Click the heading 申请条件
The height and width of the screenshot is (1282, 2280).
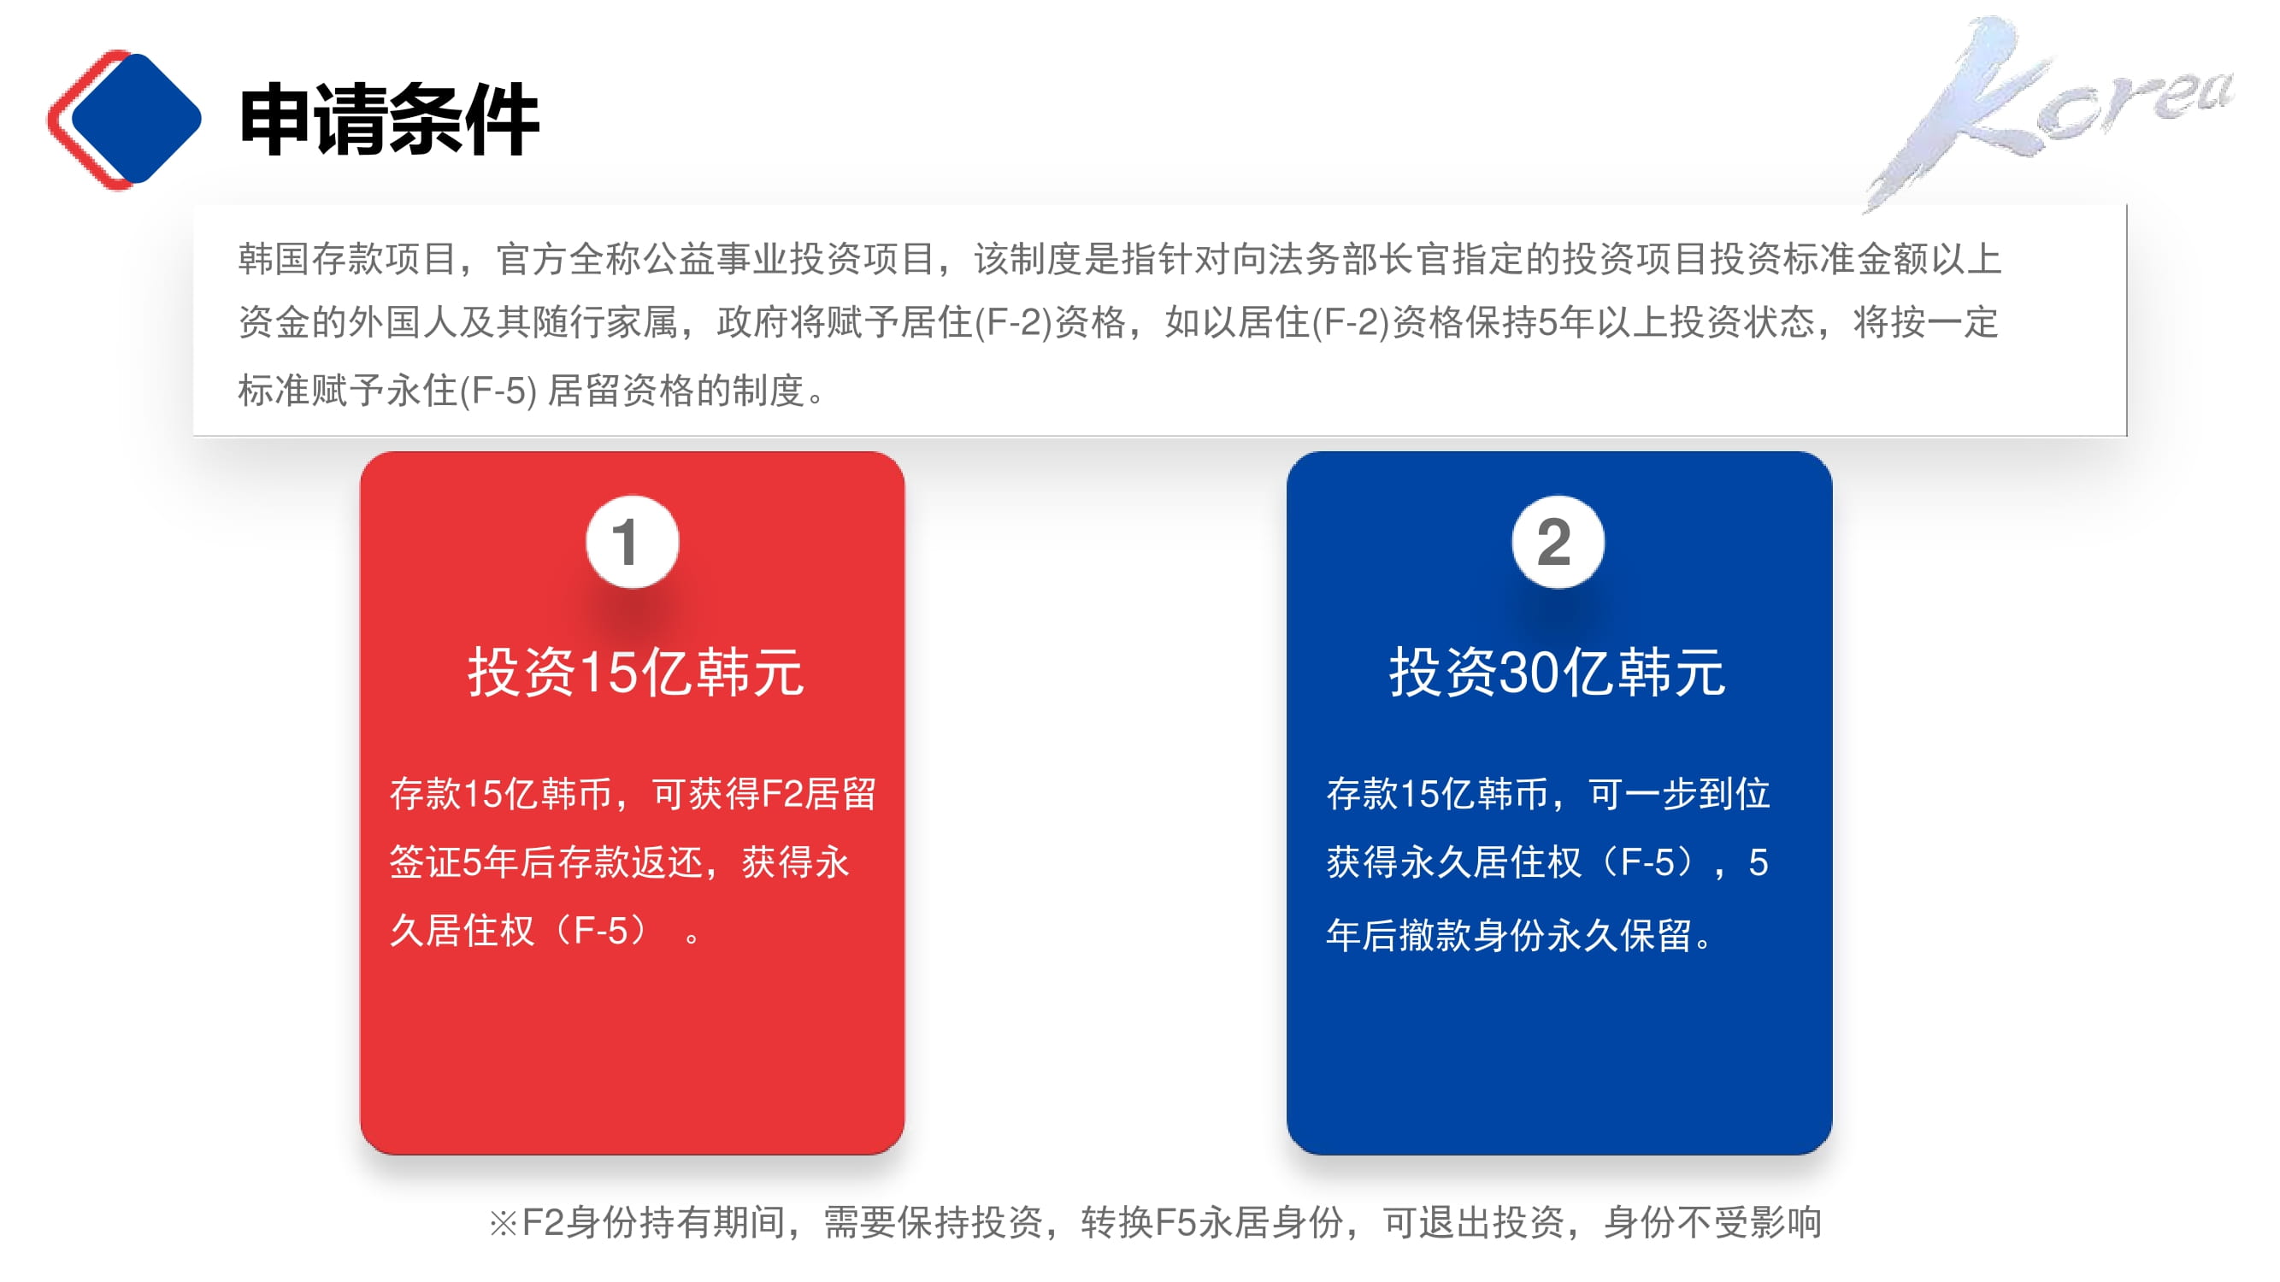pos(390,120)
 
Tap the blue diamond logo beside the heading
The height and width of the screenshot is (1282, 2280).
pos(134,119)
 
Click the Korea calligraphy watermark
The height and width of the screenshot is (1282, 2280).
pos(2045,110)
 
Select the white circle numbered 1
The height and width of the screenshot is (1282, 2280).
pos(632,542)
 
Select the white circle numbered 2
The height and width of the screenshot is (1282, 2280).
pos(1558,542)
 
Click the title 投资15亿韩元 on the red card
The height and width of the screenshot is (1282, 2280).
pos(635,673)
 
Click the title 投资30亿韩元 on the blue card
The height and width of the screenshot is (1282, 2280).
pos(1558,673)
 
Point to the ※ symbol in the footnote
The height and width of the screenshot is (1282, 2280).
pos(503,1225)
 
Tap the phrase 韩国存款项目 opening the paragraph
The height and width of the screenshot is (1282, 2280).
pos(347,259)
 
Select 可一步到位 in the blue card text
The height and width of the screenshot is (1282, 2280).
pos(1680,794)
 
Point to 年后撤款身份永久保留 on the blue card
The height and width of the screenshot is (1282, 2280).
pos(1509,935)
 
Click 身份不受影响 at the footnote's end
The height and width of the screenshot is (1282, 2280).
pos(1712,1223)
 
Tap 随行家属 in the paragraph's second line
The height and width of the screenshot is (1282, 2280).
pos(604,323)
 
